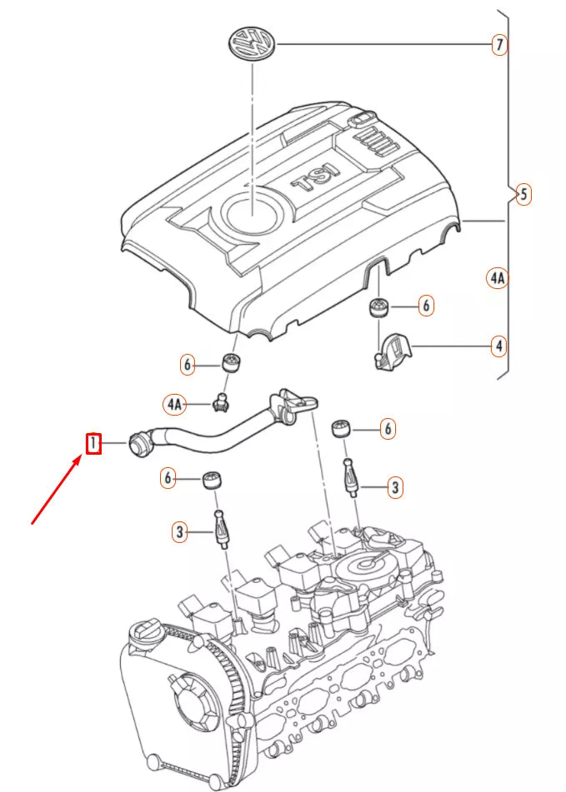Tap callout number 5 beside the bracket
pos(523,194)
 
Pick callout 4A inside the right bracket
pos(497,278)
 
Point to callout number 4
pos(498,345)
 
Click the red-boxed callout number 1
pos(93,444)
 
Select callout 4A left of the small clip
pos(173,404)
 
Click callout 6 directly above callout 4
pos(425,306)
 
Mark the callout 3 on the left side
pos(179,530)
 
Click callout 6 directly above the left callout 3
pos(170,478)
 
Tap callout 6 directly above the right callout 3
pos(387,429)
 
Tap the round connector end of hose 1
pos(139,444)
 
